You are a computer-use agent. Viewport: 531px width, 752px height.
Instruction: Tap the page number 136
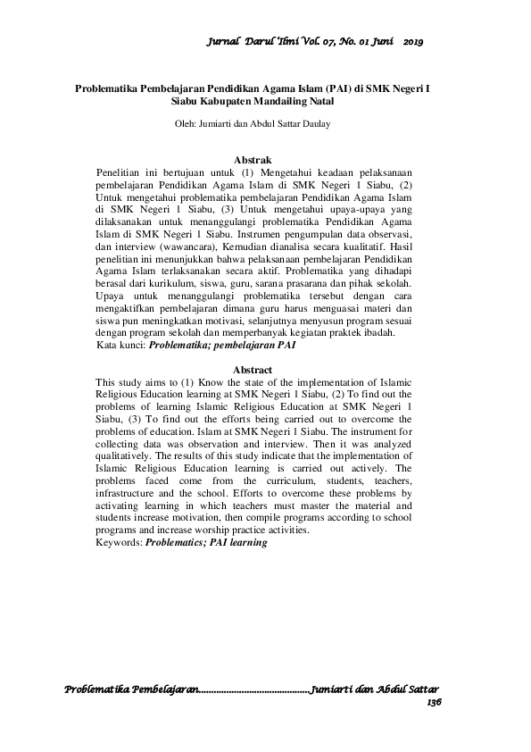(x=435, y=703)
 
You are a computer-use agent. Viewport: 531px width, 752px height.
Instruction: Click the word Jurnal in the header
(x=222, y=41)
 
